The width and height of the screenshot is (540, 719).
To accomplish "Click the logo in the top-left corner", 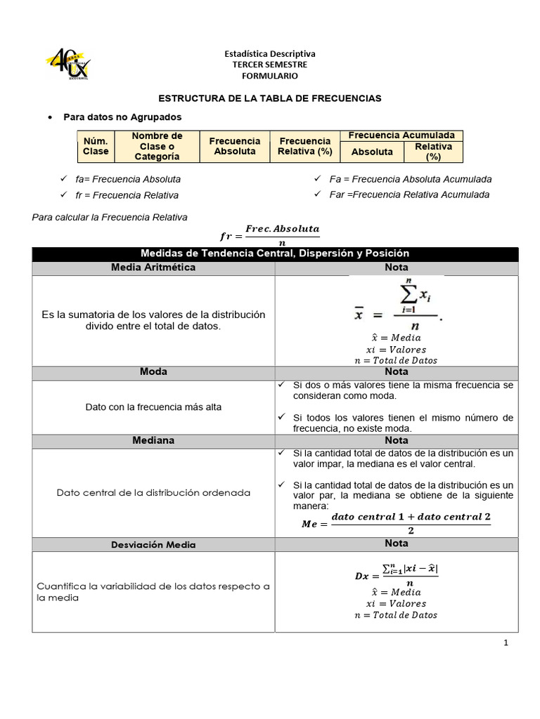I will [x=68, y=65].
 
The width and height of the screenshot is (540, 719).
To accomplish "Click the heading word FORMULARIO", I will [x=269, y=76].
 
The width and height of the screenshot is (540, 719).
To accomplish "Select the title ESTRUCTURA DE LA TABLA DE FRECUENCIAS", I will [x=269, y=98].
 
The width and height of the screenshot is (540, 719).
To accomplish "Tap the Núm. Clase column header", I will [x=96, y=146].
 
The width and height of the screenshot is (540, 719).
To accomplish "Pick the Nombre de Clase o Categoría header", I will [x=157, y=146].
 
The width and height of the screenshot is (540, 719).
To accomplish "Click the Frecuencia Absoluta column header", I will [x=235, y=146].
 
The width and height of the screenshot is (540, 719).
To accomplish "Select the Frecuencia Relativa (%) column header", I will [x=304, y=146].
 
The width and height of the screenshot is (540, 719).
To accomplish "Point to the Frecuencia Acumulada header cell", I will [x=401, y=136].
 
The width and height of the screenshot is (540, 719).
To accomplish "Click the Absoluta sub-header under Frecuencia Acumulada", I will [x=372, y=152].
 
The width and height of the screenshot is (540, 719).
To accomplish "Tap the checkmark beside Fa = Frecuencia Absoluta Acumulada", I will [x=317, y=179].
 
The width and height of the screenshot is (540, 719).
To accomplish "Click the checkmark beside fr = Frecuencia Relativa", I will [x=63, y=194].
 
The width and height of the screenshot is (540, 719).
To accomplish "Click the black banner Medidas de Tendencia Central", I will [x=275, y=253].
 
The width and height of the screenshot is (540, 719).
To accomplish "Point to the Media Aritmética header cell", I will [x=153, y=268].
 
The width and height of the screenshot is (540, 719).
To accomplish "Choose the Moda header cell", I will [x=153, y=371].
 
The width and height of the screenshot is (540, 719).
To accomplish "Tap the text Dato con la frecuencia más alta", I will [x=153, y=407].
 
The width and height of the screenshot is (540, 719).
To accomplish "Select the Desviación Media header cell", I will [x=153, y=544].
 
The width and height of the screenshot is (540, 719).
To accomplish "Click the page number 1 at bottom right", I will [x=506, y=642].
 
